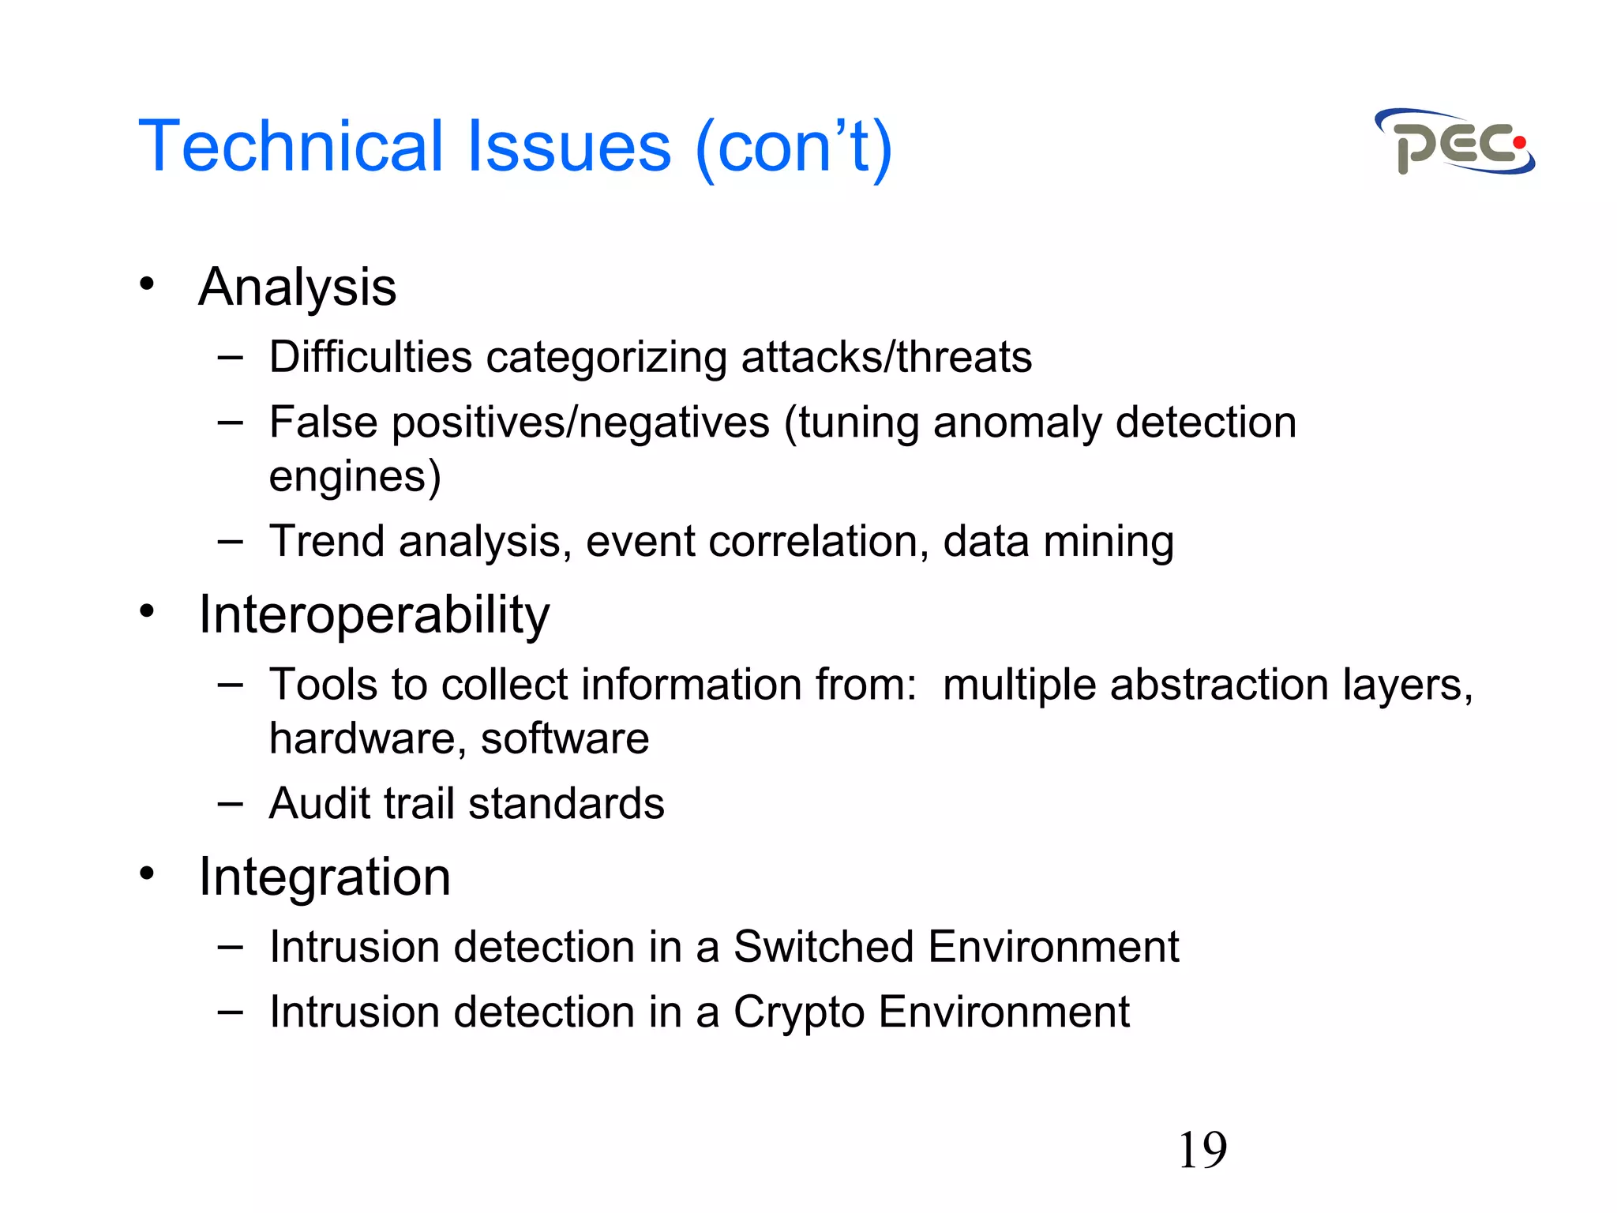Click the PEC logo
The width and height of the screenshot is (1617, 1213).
[1454, 142]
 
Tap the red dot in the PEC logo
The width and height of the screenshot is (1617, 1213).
[1518, 143]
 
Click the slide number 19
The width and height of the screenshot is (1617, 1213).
[1202, 1150]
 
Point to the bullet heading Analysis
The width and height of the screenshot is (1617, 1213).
[297, 287]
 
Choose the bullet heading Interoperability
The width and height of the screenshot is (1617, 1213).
[373, 614]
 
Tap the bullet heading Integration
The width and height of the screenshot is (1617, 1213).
[324, 877]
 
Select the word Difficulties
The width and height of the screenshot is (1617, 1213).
[370, 357]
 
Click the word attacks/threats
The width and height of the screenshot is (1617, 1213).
[886, 357]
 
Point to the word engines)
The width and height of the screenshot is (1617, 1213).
[355, 476]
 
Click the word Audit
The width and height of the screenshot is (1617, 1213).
[319, 804]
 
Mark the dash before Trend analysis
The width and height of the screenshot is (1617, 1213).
[230, 541]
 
